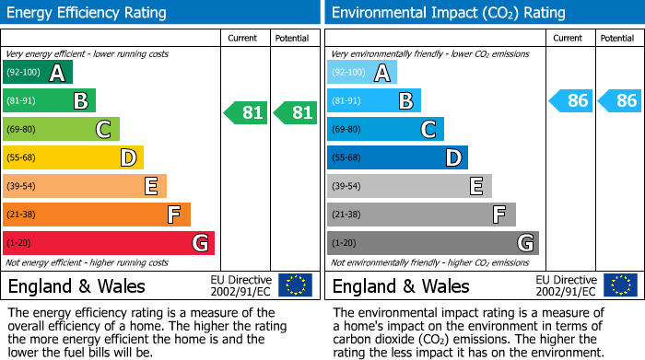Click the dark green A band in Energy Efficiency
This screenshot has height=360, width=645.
tap(38, 73)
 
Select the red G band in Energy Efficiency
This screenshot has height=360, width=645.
tap(109, 243)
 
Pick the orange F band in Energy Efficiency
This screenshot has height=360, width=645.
tap(97, 215)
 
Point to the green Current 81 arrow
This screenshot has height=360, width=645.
tap(246, 113)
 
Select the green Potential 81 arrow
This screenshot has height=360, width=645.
tap(296, 113)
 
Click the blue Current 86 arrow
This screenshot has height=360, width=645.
tap(570, 100)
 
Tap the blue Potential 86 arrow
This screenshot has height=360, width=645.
tap(620, 100)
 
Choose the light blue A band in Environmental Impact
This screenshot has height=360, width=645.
tap(362, 73)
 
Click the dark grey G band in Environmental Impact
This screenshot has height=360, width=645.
tap(433, 243)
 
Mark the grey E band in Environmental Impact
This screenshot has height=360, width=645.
tap(409, 186)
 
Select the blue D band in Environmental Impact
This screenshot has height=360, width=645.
tap(397, 158)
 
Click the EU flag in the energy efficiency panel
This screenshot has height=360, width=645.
tap(296, 285)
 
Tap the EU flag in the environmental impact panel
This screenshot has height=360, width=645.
tap(620, 285)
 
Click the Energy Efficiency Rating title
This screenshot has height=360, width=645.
tap(88, 13)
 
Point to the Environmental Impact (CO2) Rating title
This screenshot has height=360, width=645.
tap(448, 13)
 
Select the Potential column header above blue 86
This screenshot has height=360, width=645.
tap(617, 38)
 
